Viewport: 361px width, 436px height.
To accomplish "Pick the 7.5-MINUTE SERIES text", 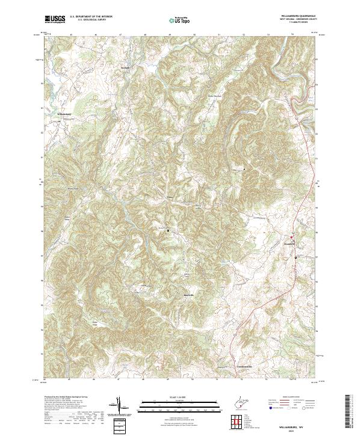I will click(x=297, y=23).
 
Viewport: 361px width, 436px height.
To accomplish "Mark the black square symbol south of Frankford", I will click(x=295, y=257).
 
